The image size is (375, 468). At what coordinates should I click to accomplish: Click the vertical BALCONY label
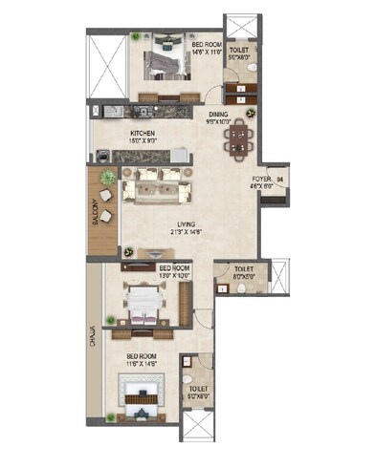coord(96,209)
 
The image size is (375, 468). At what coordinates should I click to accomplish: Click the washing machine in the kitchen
coord(101,154)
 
